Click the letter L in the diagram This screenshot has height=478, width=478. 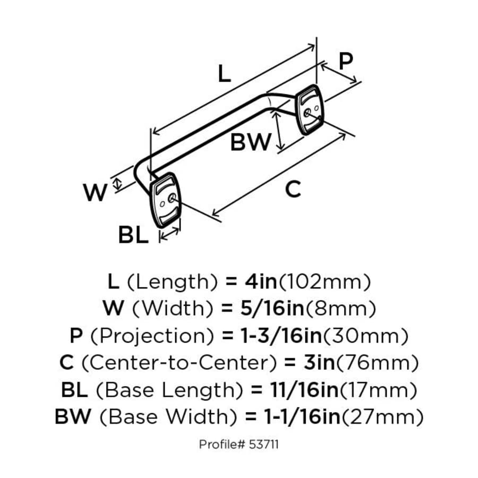pyautogui.click(x=225, y=74)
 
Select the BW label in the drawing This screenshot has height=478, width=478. pyautogui.click(x=251, y=142)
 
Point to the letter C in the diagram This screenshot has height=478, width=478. pyautogui.click(x=293, y=189)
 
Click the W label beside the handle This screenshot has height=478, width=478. pyautogui.click(x=96, y=193)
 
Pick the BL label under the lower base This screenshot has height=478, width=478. pyautogui.click(x=133, y=235)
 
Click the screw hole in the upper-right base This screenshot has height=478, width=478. pyautogui.click(x=310, y=113)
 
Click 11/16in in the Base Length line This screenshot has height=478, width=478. pyautogui.click(x=303, y=390)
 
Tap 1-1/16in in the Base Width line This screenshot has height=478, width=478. pyautogui.click(x=302, y=417)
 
